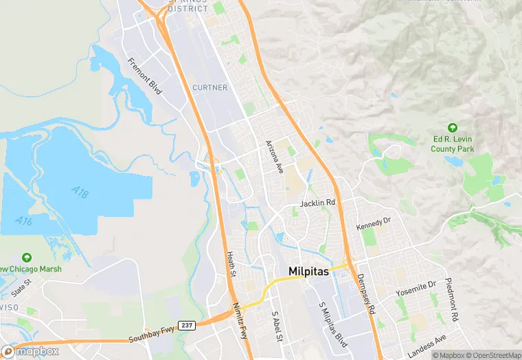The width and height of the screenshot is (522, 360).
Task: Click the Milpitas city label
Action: click(309, 271)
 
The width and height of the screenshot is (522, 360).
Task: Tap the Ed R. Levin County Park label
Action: click(453, 144)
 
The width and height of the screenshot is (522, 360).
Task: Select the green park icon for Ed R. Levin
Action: click(452, 128)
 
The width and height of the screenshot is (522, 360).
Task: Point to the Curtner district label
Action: click(209, 87)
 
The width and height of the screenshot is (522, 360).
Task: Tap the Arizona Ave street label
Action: click(275, 157)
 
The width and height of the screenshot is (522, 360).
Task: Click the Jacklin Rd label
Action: click(317, 203)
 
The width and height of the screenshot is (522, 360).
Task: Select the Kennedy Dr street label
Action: click(373, 223)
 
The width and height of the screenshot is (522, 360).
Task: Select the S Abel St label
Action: click(276, 323)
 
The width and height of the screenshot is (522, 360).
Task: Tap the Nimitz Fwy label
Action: click(240, 322)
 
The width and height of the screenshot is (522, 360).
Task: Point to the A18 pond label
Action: click(80, 192)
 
